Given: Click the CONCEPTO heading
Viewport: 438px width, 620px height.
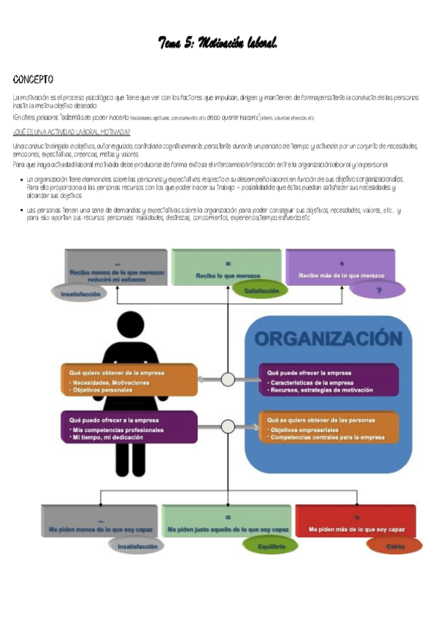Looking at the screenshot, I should [33, 79].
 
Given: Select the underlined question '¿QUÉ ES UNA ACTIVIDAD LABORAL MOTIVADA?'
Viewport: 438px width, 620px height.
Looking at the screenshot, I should [72, 132].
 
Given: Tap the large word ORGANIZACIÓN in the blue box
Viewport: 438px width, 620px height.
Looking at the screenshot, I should [328, 339].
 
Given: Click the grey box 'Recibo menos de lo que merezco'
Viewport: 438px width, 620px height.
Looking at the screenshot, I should [117, 268].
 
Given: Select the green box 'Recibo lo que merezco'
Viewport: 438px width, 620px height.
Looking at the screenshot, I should [228, 268].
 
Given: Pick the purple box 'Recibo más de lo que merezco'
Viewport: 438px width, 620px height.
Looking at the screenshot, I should [341, 268].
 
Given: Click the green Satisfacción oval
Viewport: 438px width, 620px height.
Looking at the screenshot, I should [257, 291].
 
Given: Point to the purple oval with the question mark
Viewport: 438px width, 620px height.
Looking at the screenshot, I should [377, 290].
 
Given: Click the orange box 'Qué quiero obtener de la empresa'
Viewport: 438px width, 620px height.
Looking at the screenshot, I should [129, 380].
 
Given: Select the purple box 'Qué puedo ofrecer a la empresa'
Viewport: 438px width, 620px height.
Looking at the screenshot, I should [129, 427].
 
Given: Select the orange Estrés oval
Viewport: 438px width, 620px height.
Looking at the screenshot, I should [393, 545].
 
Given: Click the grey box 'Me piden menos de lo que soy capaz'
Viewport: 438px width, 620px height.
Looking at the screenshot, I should [99, 521].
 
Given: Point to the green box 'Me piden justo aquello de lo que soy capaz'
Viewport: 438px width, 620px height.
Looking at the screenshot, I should [228, 521].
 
